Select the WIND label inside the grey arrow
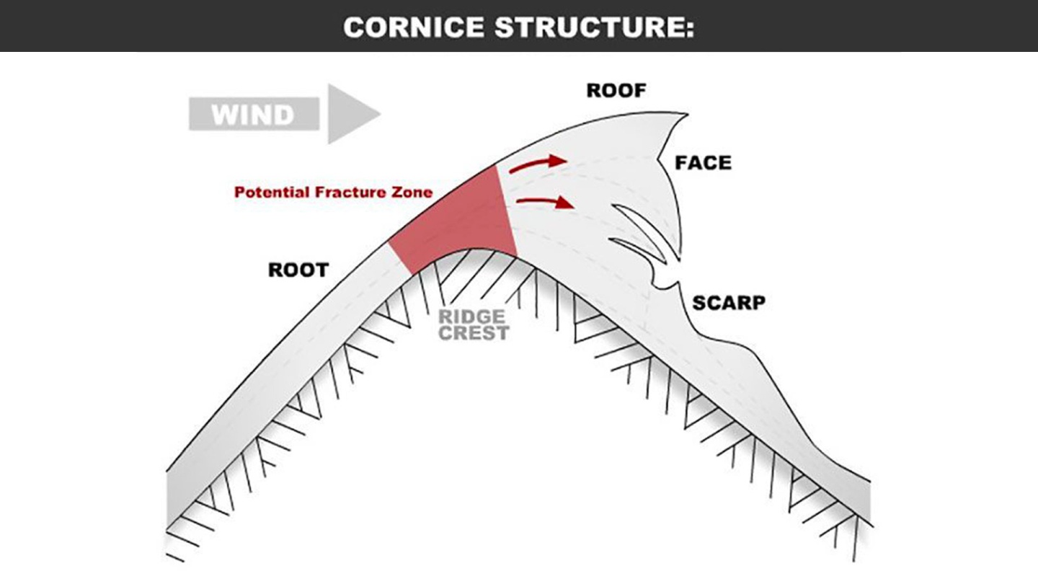252,115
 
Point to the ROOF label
616,91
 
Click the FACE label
703,163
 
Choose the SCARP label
729,303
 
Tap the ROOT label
298,270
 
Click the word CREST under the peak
474,333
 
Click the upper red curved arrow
537,164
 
